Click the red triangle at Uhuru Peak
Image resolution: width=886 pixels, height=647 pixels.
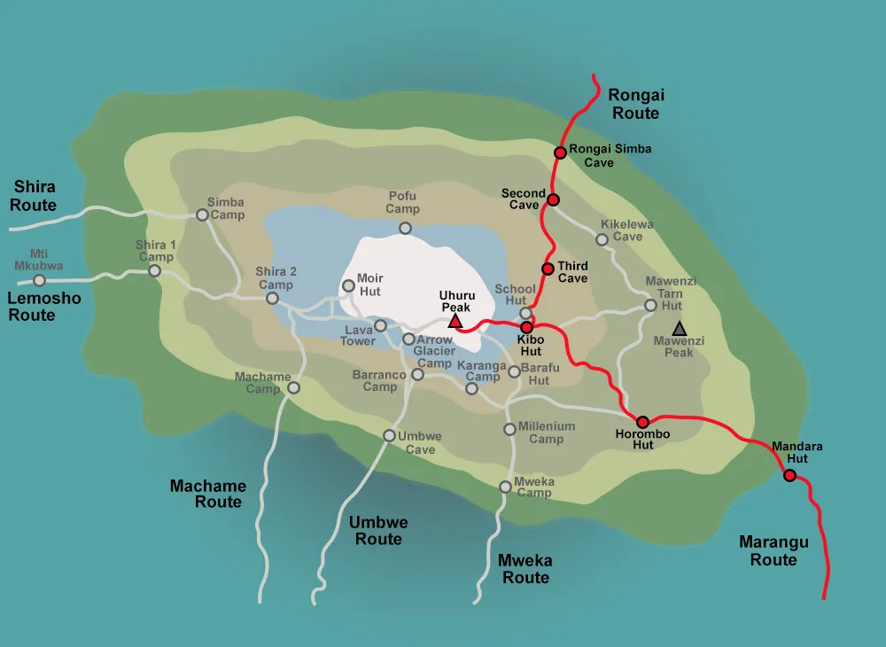point(455,321)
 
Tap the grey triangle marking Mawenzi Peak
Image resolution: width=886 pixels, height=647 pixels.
point(679,329)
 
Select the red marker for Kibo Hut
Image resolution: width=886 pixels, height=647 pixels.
point(525,327)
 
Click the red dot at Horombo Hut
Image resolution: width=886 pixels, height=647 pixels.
point(642,422)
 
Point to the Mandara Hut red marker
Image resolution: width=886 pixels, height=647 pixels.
point(789,476)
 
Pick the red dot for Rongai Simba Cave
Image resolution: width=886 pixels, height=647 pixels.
point(560,152)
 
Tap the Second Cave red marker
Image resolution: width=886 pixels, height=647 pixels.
point(553,199)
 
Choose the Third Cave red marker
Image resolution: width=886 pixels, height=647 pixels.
point(548,269)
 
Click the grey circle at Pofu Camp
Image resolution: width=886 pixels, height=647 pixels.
point(405,229)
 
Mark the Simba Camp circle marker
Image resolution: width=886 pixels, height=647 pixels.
point(202,214)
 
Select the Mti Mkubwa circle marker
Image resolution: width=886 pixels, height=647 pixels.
point(39,280)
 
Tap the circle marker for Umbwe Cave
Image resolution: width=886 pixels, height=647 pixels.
point(389,435)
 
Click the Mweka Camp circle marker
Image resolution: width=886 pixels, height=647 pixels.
point(505,487)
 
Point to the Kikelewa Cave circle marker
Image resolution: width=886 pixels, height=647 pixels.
point(602,239)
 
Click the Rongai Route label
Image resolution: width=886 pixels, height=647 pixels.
point(635,104)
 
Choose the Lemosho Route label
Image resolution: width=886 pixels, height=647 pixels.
point(43,307)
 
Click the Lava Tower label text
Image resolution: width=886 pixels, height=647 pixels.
point(358,335)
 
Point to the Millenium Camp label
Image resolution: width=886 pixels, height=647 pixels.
point(546,433)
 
